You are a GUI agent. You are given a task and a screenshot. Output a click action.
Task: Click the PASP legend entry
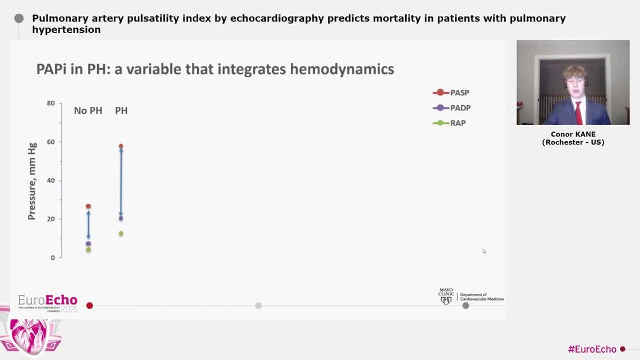pos(452,93)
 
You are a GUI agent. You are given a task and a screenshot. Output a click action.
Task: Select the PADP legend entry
pos(452,108)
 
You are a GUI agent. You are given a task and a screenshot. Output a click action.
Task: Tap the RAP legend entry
pos(450,123)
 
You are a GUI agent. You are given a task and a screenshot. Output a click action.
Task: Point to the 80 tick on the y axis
pos(51,103)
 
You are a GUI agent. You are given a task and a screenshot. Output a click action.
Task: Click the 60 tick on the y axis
pos(51,142)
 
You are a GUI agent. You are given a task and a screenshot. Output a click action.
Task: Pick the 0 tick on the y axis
pos(53,258)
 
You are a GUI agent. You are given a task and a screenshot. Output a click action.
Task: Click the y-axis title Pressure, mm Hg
pos(32,181)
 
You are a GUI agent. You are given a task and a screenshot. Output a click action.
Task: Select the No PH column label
pos(88,110)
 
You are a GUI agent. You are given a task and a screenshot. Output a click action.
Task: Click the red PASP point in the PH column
pos(121,146)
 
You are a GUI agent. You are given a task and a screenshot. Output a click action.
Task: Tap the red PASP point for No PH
pos(88,206)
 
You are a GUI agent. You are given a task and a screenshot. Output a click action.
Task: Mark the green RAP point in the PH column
pos(121,234)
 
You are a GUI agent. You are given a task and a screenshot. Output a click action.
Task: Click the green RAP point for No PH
pos(88,250)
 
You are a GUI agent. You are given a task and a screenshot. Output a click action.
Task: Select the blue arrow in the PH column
pos(121,182)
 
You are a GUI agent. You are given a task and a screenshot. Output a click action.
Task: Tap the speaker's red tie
pos(578,113)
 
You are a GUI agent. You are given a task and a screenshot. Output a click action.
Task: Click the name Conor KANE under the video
pos(573,134)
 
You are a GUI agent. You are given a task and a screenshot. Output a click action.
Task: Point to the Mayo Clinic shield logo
pos(446,300)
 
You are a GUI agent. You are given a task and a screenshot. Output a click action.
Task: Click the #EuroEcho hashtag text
pos(592,349)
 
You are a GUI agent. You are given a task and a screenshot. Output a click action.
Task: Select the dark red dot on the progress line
pos(89,306)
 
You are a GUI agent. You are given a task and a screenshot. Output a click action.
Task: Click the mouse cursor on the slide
pos(484,251)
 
